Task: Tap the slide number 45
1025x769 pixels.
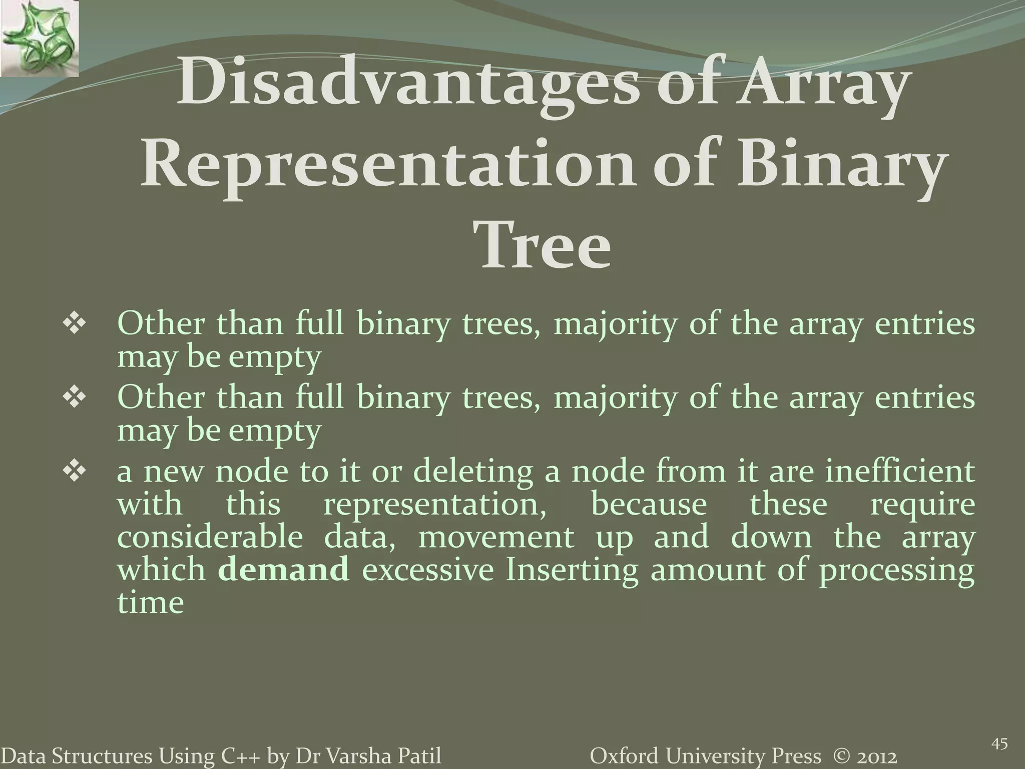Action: click(999, 731)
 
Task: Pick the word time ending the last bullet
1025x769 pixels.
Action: click(151, 602)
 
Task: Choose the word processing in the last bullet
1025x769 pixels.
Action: click(896, 571)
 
